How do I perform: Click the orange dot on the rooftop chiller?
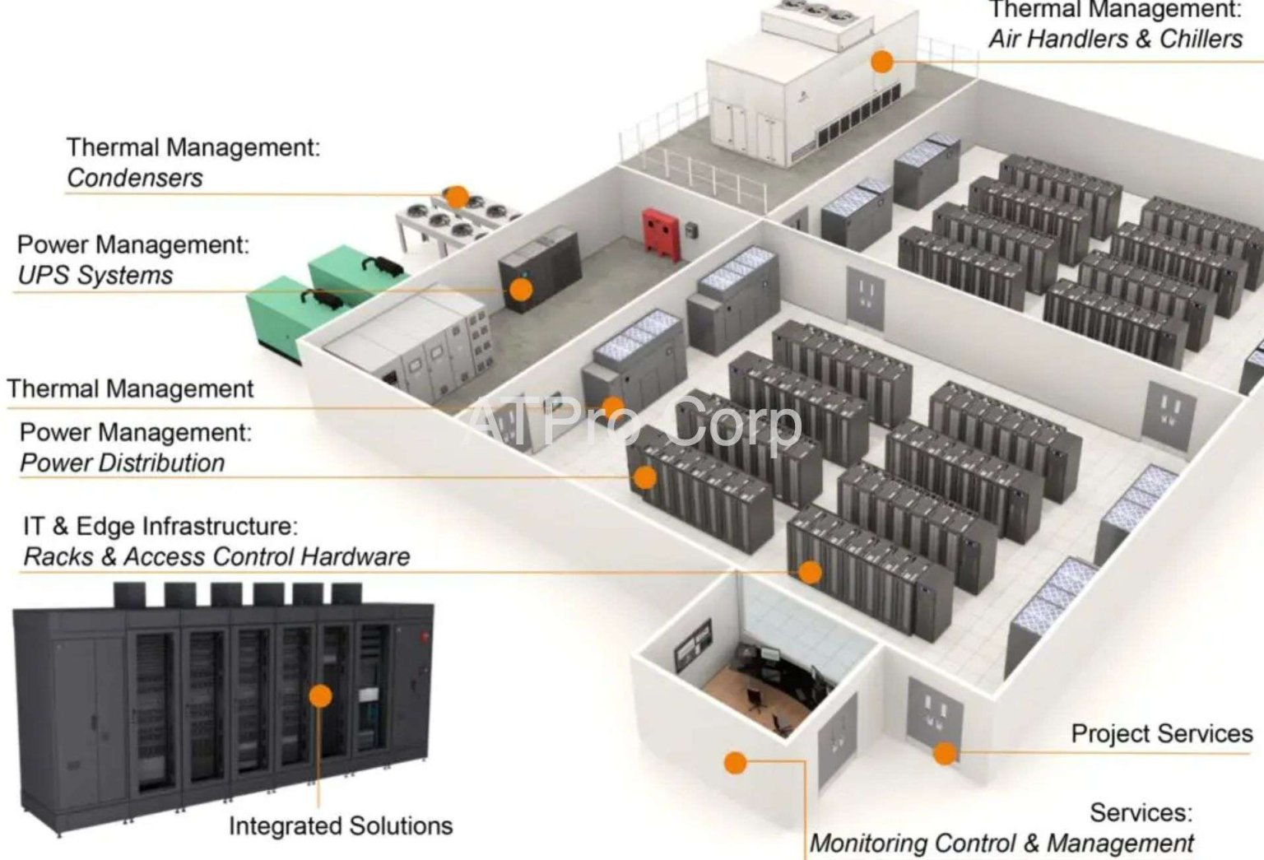click(882, 61)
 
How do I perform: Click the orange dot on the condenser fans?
click(457, 196)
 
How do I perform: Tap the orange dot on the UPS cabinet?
click(520, 289)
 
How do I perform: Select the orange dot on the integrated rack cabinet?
click(320, 695)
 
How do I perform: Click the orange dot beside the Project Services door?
click(946, 752)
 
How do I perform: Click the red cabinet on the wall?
click(662, 234)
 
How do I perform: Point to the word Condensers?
click(134, 178)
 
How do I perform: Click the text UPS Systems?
click(95, 275)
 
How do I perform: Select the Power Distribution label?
click(122, 463)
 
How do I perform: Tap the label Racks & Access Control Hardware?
click(216, 556)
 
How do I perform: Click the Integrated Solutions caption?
click(340, 825)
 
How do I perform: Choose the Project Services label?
click(1161, 733)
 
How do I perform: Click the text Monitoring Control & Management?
click(1001, 843)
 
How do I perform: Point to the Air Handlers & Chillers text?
click(1115, 39)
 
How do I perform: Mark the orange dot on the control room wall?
click(735, 762)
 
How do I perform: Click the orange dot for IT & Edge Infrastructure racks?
click(810, 571)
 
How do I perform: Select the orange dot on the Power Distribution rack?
click(645, 476)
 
